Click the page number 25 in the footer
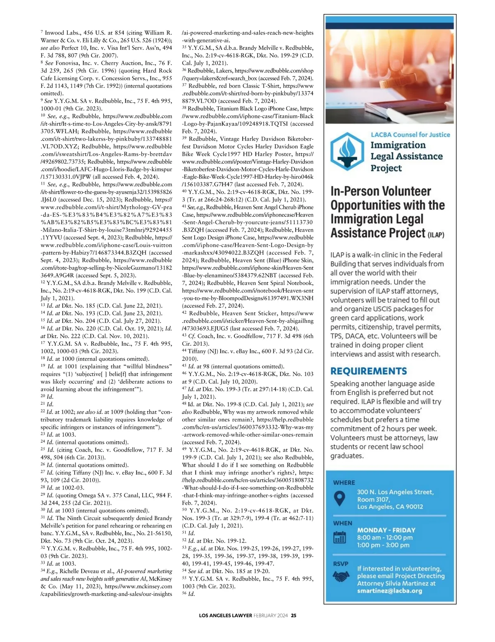(x=294, y=616)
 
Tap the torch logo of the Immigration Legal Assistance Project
(x=347, y=151)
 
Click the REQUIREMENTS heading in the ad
(x=368, y=371)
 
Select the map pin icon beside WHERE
(x=339, y=499)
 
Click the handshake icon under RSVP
(x=340, y=576)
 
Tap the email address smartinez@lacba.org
(x=389, y=591)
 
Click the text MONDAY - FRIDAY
(x=386, y=530)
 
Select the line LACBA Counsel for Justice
(x=410, y=135)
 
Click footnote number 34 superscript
(x=42, y=570)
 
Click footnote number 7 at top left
(x=42, y=31)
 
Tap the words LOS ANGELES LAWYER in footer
(x=225, y=616)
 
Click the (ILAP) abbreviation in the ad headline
(x=436, y=235)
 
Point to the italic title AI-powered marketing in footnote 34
(x=144, y=571)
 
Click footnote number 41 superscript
(x=184, y=206)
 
